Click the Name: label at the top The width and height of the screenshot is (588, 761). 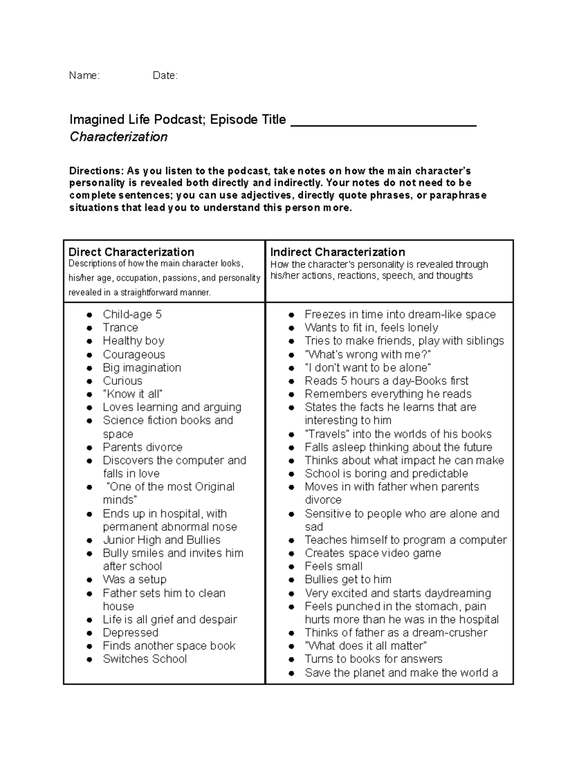coord(84,75)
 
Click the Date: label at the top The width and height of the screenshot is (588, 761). coord(165,75)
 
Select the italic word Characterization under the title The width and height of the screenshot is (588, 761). coord(119,137)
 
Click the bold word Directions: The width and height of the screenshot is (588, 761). coord(97,171)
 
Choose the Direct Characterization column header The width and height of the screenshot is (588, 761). coord(131,252)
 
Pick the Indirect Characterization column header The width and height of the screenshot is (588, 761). coord(338,252)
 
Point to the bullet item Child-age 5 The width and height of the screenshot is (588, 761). coord(132,315)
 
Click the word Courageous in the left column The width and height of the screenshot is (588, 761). coord(134,354)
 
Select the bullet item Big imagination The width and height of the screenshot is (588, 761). coord(142,368)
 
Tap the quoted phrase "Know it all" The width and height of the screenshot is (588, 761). coord(133,394)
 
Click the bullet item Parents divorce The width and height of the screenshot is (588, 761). coord(143,447)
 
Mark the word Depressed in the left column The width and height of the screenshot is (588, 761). coord(130,633)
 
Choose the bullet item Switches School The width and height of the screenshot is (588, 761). coord(145,659)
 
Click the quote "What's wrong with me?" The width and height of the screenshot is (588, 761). coord(368,354)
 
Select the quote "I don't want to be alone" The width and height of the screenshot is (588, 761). coord(368,368)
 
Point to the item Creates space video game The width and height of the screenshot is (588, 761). coord(373,553)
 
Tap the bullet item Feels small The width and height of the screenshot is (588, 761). coord(334,566)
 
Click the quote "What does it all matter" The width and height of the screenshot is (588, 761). coord(366,646)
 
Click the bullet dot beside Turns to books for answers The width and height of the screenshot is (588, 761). coord(292,660)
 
